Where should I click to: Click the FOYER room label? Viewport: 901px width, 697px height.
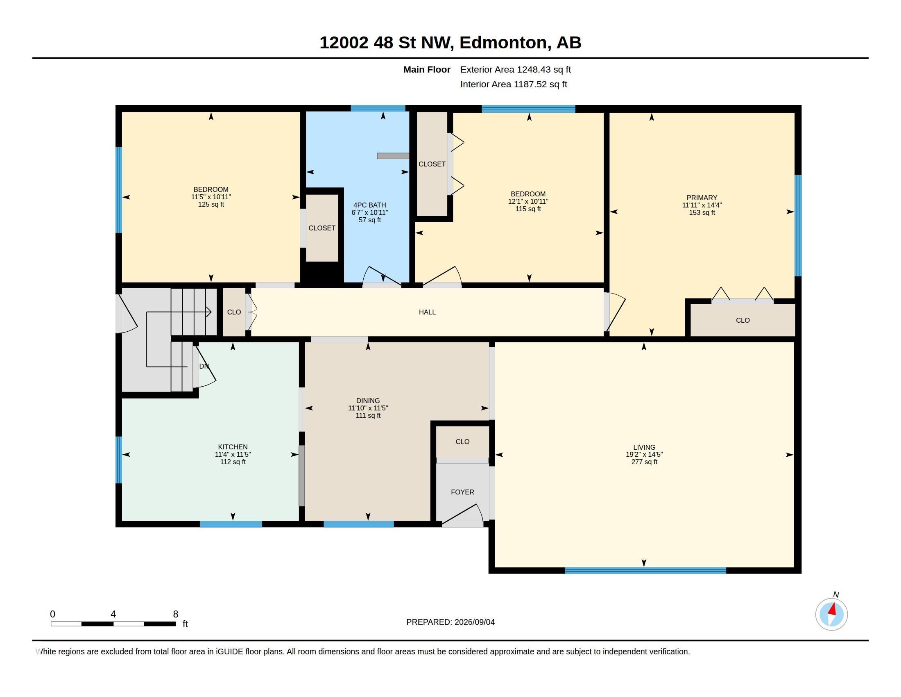(x=462, y=492)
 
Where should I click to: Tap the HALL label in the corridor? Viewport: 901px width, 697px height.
(x=427, y=312)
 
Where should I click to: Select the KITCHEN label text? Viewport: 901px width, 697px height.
(x=233, y=447)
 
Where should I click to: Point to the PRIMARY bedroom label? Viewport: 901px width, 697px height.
(x=702, y=197)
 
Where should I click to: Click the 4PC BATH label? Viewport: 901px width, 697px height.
(x=370, y=205)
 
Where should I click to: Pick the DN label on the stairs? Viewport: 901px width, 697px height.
(x=204, y=366)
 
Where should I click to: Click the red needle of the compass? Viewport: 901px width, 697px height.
(x=833, y=609)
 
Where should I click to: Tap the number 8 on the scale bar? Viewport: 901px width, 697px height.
(x=175, y=614)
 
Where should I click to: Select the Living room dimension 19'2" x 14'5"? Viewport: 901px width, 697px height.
(x=644, y=454)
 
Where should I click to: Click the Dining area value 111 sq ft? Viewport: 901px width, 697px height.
(x=368, y=415)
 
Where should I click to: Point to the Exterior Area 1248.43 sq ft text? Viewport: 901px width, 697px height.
(x=515, y=69)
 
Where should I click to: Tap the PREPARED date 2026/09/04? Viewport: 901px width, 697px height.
(x=474, y=622)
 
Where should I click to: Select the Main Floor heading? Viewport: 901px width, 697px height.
(x=427, y=69)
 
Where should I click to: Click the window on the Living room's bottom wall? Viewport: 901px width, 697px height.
(x=645, y=570)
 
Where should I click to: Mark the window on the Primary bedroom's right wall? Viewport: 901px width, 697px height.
(x=798, y=225)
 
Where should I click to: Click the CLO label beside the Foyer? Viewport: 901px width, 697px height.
(x=462, y=442)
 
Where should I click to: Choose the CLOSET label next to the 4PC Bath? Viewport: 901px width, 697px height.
(x=322, y=228)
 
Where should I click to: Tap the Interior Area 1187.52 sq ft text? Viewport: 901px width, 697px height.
(x=514, y=84)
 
